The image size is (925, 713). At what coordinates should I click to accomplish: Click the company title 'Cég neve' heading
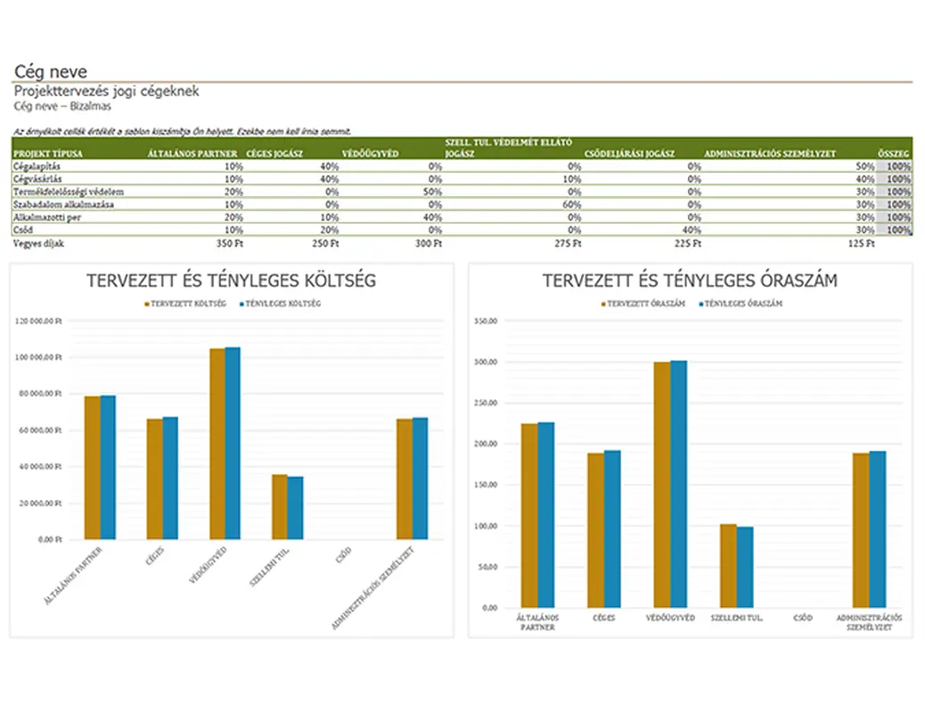click(51, 71)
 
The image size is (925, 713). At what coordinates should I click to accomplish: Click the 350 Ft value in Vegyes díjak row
click(229, 242)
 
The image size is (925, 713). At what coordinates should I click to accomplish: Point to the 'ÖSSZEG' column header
click(895, 153)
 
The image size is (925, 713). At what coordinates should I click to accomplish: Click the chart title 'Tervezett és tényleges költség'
click(231, 280)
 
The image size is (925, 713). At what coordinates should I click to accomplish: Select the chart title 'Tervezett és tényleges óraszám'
click(689, 280)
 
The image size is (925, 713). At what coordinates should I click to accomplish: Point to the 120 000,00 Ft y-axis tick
click(40, 321)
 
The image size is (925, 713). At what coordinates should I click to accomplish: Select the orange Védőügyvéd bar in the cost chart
click(217, 443)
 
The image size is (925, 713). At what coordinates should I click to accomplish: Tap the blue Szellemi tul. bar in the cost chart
click(295, 507)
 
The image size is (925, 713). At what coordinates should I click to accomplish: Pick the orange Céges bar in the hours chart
click(595, 529)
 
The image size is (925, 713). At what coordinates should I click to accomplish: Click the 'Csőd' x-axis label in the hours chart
click(803, 617)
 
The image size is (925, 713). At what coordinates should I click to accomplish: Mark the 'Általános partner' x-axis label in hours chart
click(537, 621)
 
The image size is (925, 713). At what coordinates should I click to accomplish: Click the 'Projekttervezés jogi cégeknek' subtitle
click(107, 91)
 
